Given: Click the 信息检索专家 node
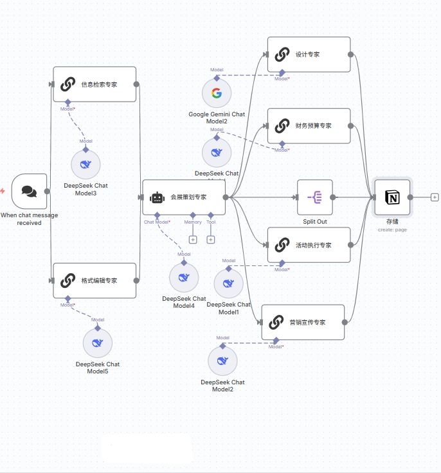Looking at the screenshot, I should tap(94, 84).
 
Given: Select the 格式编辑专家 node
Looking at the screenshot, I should tap(94, 281).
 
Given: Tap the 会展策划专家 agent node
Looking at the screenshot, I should tap(184, 197).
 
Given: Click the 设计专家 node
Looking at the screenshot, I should tap(309, 55).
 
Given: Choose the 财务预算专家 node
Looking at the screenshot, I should tap(309, 126).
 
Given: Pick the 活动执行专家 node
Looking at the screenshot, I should tap(309, 245).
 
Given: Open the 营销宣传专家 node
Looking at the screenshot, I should tap(303, 322).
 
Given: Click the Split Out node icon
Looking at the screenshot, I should tap(315, 197).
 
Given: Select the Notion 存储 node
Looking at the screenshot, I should tap(392, 197).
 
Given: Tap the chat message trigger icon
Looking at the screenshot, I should tap(29, 191).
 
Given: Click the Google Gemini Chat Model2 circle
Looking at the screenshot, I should tap(217, 94).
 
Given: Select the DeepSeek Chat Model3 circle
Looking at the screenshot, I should tap(85, 165).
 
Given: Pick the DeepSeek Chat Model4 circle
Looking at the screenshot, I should tap(184, 278).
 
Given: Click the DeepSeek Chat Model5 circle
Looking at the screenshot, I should tap(98, 343).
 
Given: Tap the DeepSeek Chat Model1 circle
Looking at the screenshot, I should tap(229, 283).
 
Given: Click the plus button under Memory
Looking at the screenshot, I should tap(193, 240).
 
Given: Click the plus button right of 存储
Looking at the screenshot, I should tap(435, 197).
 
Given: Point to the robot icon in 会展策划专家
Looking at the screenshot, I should tap(157, 197).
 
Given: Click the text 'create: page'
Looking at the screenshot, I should tap(392, 229).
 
